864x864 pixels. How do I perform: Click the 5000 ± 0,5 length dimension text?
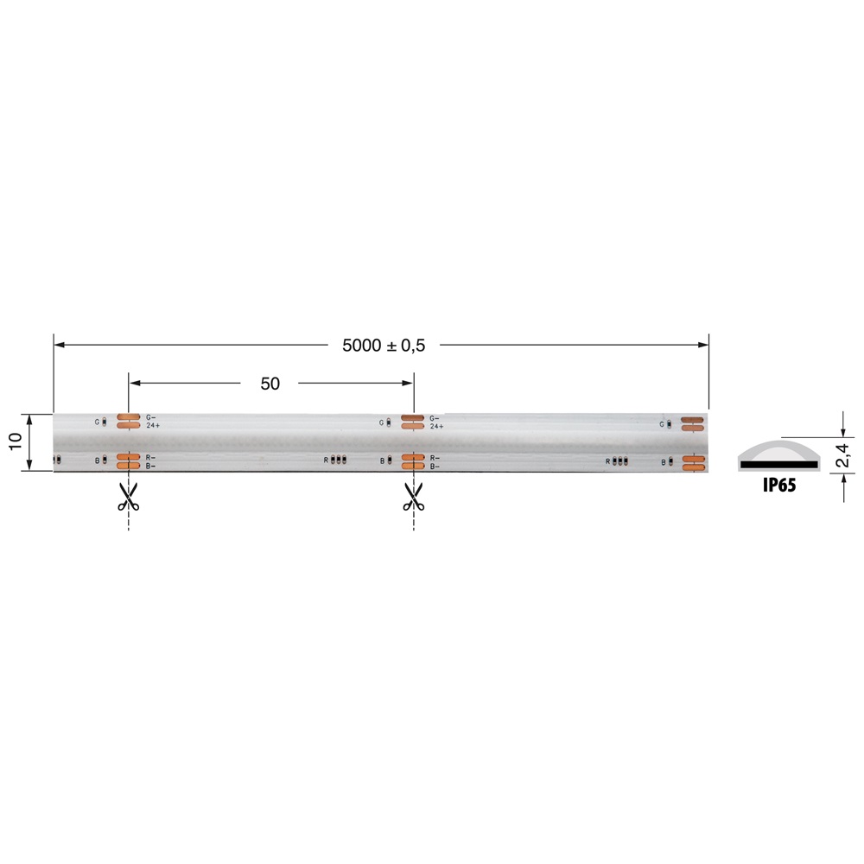[384, 345]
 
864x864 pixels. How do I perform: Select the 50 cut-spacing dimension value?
[270, 384]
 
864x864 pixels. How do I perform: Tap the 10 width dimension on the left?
[16, 442]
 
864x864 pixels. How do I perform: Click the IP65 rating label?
[778, 486]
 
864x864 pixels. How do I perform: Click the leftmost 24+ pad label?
[152, 426]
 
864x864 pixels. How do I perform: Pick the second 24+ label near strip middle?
[436, 426]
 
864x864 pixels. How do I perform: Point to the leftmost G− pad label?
[151, 417]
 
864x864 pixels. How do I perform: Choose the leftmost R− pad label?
[151, 457]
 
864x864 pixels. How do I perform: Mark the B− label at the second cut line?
[435, 466]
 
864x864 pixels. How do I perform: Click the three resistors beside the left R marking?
[339, 461]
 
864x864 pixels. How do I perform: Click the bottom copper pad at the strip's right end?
[693, 467]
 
